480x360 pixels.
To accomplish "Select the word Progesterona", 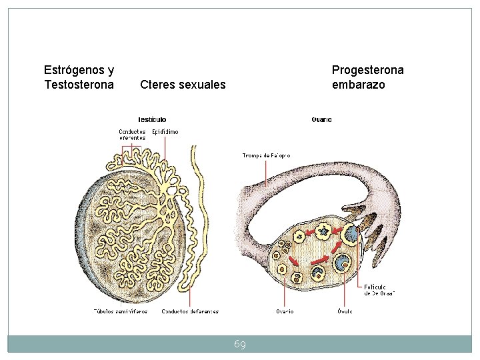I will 367,69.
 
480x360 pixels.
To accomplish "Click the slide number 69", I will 240,344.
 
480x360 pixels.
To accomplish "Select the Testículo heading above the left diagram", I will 152,119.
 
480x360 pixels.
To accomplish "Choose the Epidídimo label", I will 165,131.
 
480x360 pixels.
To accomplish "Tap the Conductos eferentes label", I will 132,134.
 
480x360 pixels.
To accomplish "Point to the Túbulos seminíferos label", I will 119,311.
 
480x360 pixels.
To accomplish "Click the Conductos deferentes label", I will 190,311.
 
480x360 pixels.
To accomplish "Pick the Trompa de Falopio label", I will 266,155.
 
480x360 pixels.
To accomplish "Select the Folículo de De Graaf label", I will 379,289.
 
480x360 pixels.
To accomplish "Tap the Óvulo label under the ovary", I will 345,311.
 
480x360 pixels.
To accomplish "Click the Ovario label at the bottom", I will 285,311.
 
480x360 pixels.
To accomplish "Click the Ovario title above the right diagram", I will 321,119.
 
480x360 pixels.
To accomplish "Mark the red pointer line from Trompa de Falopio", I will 266,173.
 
